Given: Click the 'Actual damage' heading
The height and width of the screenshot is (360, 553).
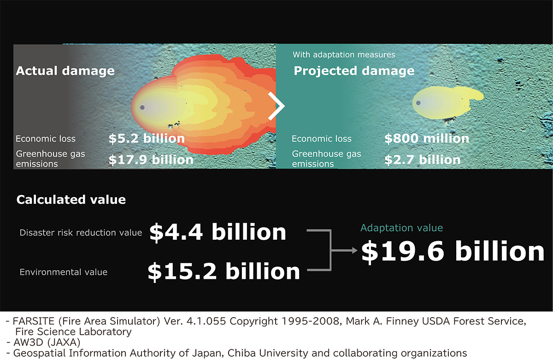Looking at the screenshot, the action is [x=65, y=71].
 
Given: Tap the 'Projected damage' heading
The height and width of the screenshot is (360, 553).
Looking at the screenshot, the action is [x=354, y=71].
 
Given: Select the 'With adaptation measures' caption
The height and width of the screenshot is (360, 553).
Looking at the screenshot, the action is [x=344, y=54].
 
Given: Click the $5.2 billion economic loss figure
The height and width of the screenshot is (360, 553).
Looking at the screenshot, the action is [x=147, y=138].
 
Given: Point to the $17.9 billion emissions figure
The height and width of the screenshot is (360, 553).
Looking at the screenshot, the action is [x=151, y=160].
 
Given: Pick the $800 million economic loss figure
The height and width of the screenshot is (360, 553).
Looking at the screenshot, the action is [x=427, y=138].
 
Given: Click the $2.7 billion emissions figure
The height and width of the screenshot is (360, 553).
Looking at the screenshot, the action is [x=423, y=160].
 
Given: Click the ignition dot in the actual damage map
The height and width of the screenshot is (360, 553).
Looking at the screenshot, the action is [x=142, y=107].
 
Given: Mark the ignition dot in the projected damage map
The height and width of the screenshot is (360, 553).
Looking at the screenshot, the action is [x=418, y=103].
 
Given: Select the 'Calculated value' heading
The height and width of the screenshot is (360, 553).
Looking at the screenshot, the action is [x=71, y=200].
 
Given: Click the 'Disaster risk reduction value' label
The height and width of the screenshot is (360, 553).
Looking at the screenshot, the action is [x=81, y=233].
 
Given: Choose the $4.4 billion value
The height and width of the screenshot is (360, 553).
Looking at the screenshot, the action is [x=218, y=232].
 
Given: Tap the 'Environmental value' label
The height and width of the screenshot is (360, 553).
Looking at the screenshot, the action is [x=64, y=272].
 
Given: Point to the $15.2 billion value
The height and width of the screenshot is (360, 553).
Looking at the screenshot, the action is [x=224, y=271].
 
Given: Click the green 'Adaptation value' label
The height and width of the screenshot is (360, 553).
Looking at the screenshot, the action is [x=402, y=228].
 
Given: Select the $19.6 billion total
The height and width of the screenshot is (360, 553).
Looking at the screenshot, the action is [x=453, y=252].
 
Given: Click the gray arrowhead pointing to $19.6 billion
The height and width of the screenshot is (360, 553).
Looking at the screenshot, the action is [x=354, y=251].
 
